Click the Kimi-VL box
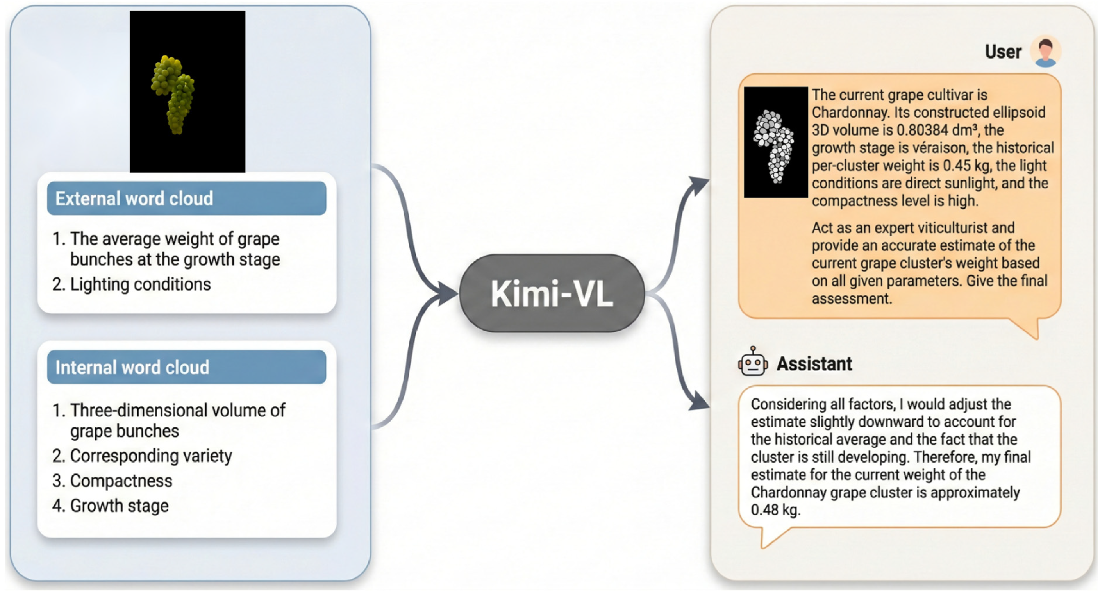click(x=552, y=293)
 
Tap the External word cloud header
click(x=187, y=198)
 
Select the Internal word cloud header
click(x=187, y=367)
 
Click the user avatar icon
click(x=1045, y=51)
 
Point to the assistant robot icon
click(x=752, y=362)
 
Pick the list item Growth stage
click(x=119, y=506)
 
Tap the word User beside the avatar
click(x=1003, y=52)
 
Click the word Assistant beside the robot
click(x=814, y=364)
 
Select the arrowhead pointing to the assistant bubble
click(x=699, y=402)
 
